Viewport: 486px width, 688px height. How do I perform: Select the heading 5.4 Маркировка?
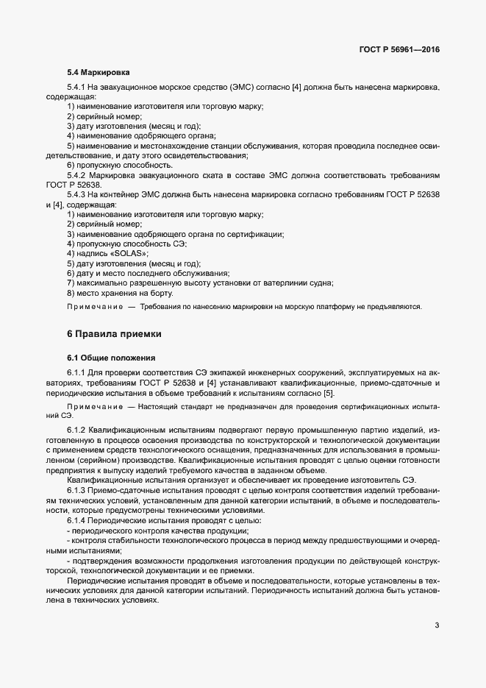click(x=99, y=73)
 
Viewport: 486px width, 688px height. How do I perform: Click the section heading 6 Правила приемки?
click(x=114, y=333)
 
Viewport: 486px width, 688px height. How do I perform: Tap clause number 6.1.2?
click(x=77, y=429)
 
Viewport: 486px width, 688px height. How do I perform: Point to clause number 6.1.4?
click(x=77, y=521)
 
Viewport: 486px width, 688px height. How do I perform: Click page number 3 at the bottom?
click(x=437, y=625)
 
